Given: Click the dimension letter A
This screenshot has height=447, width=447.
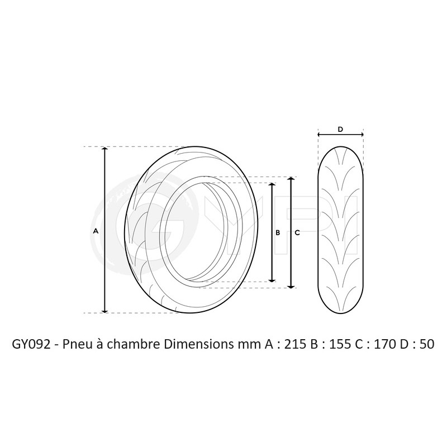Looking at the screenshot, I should coord(96,231).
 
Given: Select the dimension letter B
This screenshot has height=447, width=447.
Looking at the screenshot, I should coord(278,232).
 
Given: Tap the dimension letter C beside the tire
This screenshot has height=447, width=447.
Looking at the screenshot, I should coord(297,232).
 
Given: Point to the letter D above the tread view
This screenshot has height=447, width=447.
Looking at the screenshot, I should coord(340,130).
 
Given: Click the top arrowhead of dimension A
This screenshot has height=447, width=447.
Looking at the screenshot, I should coord(104,150).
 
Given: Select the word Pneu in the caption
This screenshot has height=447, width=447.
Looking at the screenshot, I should coord(80,344).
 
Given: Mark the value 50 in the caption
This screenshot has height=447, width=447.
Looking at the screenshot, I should coord(426,344).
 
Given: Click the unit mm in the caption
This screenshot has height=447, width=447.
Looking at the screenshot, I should coord(243,344).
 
